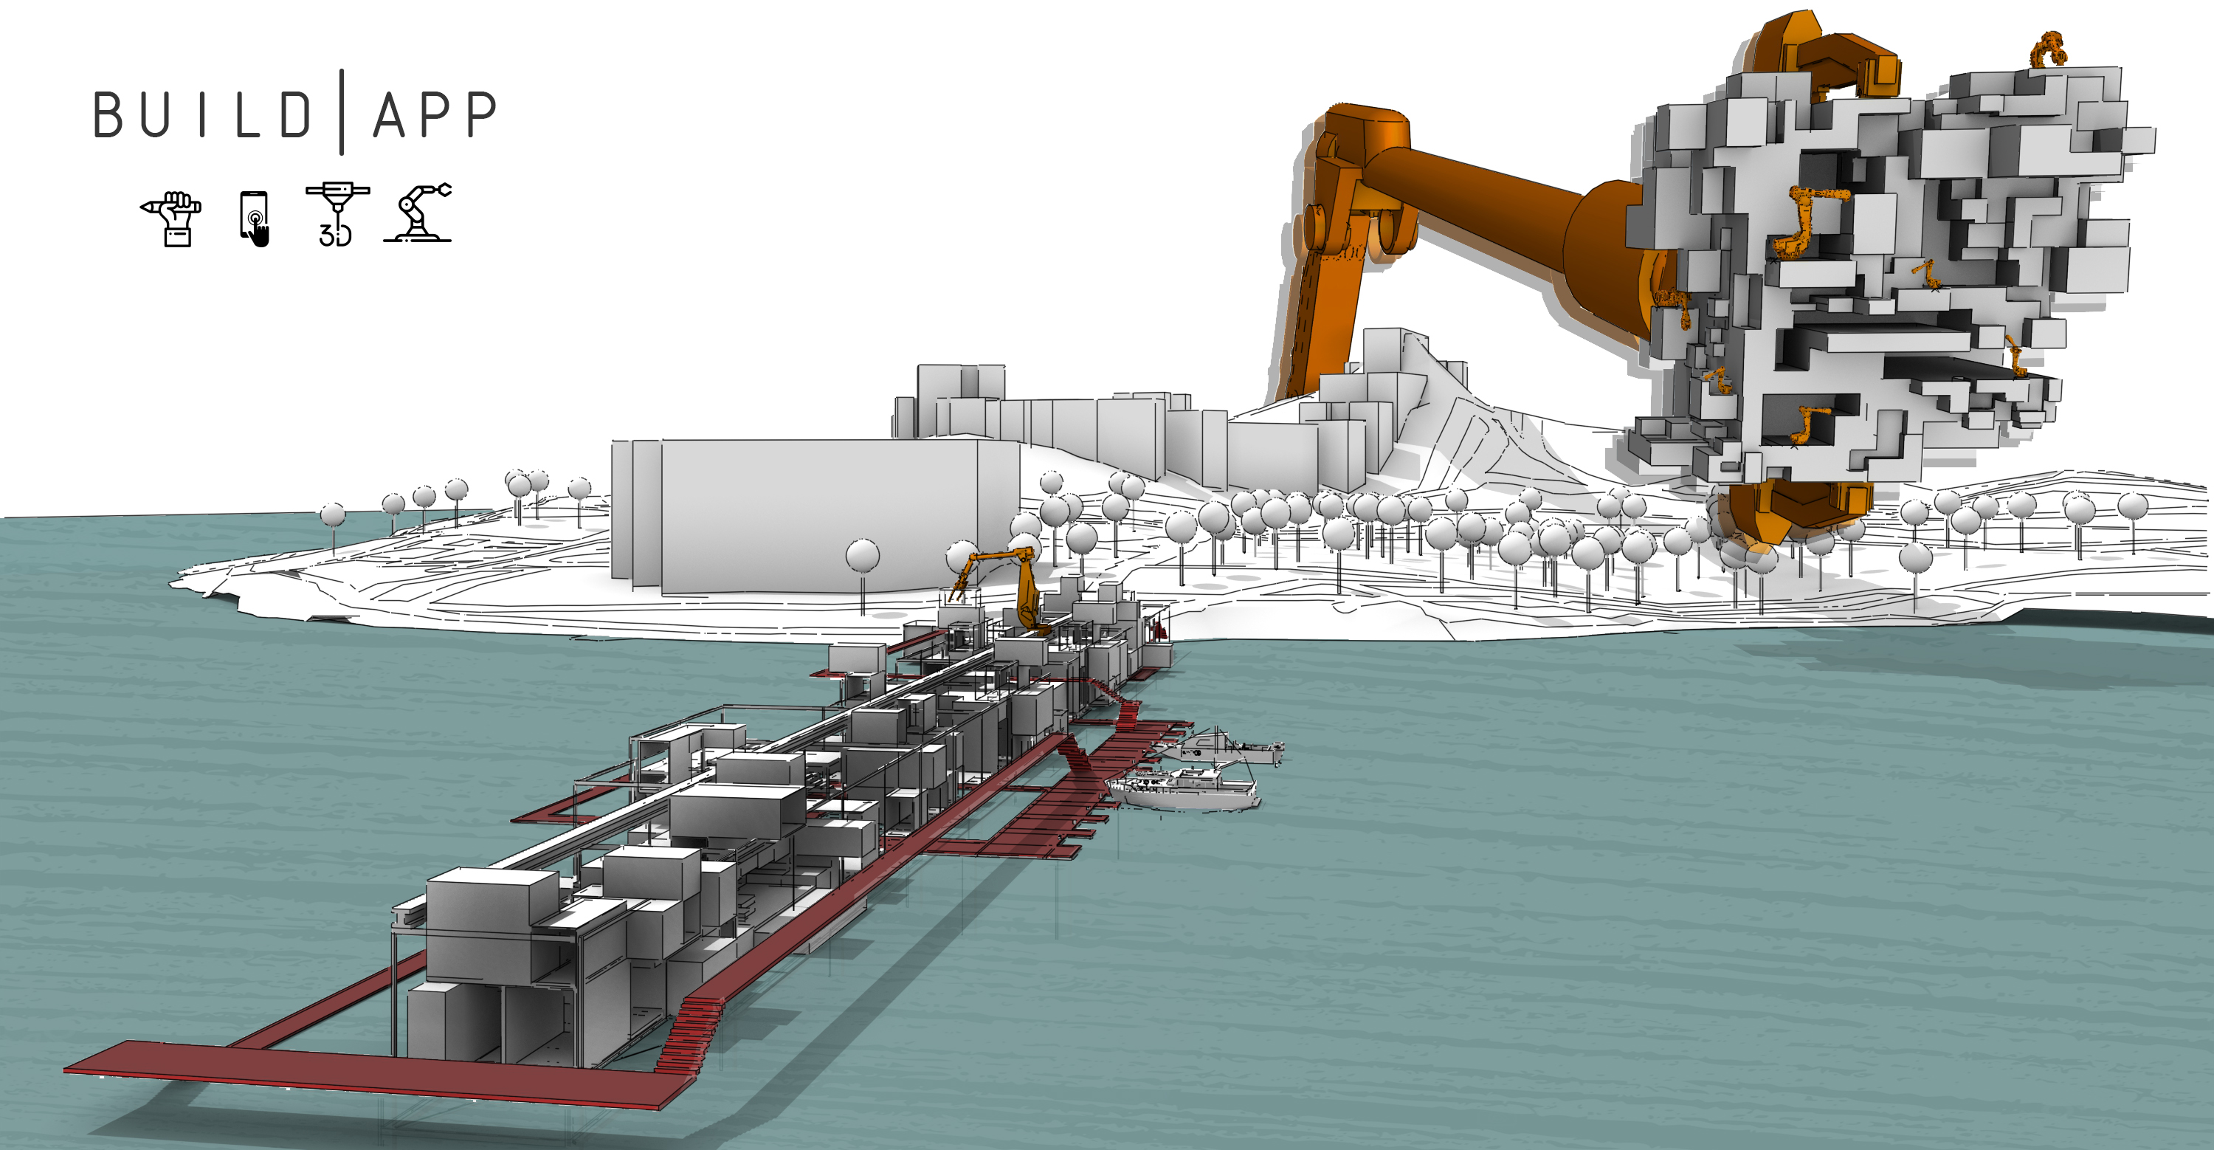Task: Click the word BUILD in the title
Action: coord(202,114)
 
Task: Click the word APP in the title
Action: coord(435,114)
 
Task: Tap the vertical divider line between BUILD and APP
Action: coord(342,111)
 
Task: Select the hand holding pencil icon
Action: coord(172,218)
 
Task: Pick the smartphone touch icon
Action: coord(255,218)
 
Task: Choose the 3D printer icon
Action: coord(337,215)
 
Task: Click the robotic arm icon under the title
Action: coord(418,213)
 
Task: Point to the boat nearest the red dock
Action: coord(1184,789)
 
